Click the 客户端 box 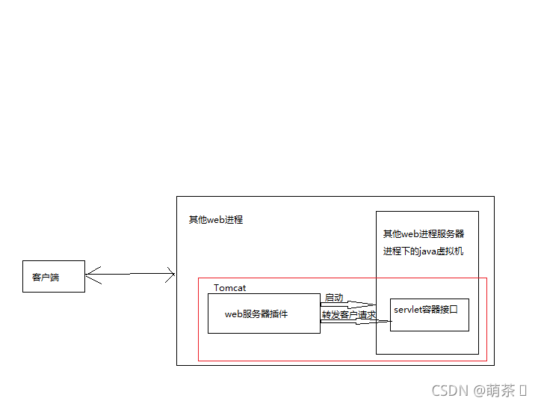pos(53,277)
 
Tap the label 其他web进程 pos(215,220)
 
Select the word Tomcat pos(229,288)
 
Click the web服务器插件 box pos(264,313)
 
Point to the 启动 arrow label pos(333,298)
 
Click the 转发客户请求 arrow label pos(348,315)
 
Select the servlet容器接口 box pos(429,314)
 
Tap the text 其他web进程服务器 pos(423,234)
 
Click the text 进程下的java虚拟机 pos(423,251)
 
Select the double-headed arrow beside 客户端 pos(130,274)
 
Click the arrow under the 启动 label pos(347,304)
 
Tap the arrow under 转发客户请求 pos(355,322)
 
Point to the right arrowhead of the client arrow pos(170,275)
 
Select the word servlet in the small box pos(408,310)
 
